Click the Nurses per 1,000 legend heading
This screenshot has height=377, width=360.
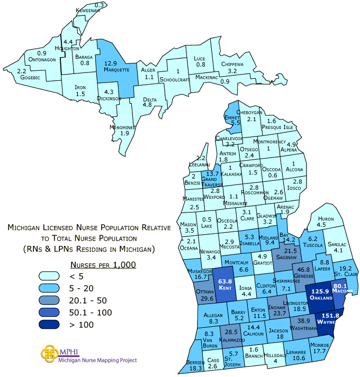point(103,264)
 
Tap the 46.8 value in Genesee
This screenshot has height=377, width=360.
point(304,270)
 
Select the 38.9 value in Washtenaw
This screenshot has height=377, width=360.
point(303,321)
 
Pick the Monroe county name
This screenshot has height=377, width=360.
point(320,344)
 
